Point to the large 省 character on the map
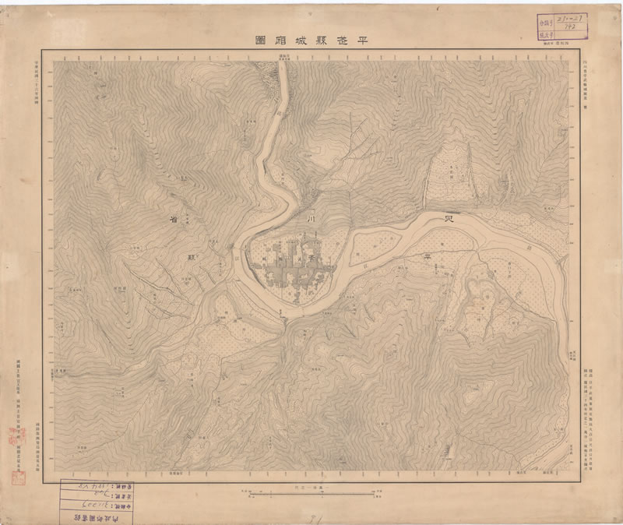[x=172, y=220]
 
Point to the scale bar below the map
[x=311, y=492]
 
